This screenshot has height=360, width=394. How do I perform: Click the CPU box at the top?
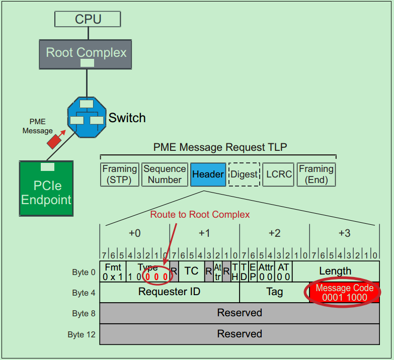tap(88, 19)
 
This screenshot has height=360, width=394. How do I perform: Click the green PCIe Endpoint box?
tap(46, 189)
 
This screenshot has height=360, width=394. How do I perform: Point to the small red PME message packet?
tap(54, 141)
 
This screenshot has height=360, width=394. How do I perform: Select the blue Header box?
tap(208, 174)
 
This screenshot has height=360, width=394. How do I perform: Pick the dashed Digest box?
tap(244, 174)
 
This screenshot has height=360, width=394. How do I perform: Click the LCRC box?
tap(278, 174)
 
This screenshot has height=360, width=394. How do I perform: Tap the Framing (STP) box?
tap(119, 174)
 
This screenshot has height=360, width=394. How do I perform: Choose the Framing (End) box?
tap(316, 174)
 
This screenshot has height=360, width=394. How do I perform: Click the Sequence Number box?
tap(165, 174)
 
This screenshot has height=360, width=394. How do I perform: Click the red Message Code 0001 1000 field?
tap(344, 293)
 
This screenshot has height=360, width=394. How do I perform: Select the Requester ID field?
tap(169, 292)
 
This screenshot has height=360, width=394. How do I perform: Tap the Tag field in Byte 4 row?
tap(274, 292)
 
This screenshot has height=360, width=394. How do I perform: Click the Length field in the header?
tap(335, 271)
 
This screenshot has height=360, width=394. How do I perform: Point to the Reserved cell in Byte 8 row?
tap(240, 313)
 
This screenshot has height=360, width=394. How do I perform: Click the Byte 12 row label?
tap(81, 334)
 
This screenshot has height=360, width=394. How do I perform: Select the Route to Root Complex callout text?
tap(200, 215)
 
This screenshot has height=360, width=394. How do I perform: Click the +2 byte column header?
tap(274, 233)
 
